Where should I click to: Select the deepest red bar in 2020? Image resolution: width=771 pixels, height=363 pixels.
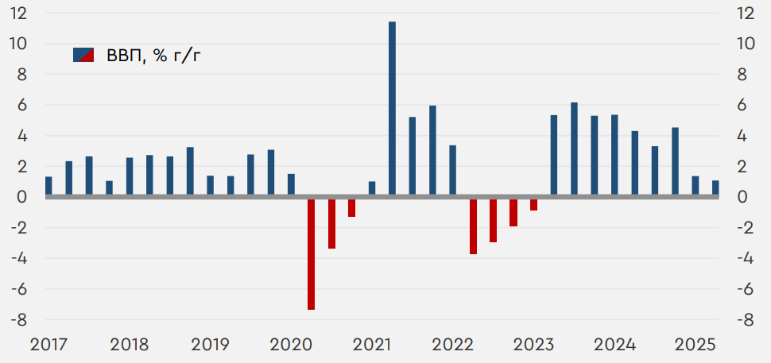[x=312, y=253]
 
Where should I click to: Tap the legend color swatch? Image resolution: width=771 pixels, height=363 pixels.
[x=83, y=55]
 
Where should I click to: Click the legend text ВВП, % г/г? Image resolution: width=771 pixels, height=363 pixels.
[x=149, y=55]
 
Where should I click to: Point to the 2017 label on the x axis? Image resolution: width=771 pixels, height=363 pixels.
[x=48, y=345]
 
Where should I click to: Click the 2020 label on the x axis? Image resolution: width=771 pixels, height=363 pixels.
[x=291, y=345]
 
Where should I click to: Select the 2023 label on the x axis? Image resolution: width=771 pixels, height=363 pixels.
[x=534, y=345]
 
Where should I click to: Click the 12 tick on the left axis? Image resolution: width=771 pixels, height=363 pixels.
[x=18, y=14]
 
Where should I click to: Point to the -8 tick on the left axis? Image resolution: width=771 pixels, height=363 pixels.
[x=18, y=320]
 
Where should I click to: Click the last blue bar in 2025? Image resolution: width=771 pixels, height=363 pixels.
[x=715, y=189]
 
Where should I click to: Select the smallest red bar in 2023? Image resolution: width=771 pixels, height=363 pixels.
[x=534, y=204]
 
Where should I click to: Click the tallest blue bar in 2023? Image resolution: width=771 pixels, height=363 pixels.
[x=574, y=150]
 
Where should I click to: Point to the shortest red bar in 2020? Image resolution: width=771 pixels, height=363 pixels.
[x=351, y=207]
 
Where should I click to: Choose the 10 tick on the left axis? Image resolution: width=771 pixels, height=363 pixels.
[x=18, y=44]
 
